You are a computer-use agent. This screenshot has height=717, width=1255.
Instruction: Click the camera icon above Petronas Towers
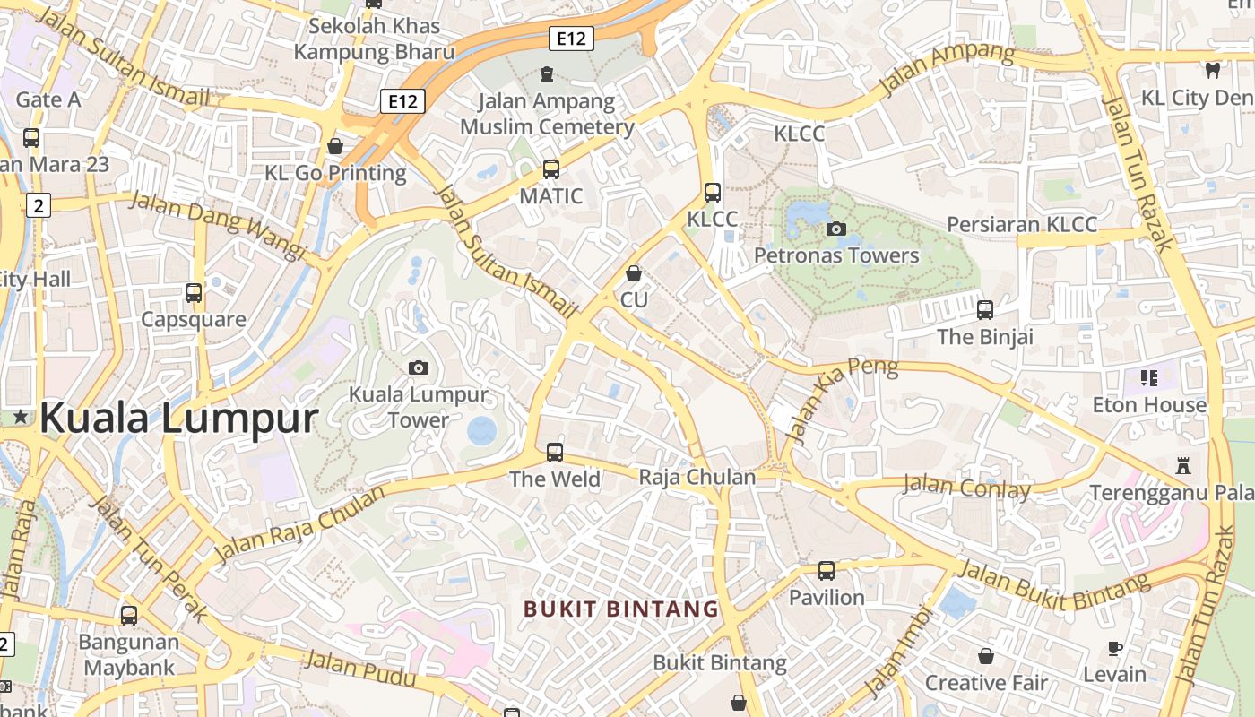click(836, 229)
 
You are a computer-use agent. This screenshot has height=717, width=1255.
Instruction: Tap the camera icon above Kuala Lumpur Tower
click(418, 367)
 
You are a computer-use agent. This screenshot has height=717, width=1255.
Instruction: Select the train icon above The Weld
click(555, 452)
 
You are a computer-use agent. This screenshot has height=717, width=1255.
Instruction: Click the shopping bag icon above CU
click(634, 273)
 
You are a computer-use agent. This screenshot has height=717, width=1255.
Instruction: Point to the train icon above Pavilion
click(827, 570)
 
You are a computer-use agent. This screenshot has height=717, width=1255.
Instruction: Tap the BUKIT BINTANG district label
click(621, 609)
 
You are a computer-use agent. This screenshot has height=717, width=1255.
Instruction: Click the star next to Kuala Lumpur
click(21, 417)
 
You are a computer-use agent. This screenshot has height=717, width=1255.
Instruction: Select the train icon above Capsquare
click(194, 292)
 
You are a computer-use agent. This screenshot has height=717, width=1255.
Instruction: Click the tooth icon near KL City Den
click(1213, 70)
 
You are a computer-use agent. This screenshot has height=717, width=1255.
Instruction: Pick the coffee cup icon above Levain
click(1115, 648)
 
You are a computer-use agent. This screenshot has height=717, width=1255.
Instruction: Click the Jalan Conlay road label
click(966, 488)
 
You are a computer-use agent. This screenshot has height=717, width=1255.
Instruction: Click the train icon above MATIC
click(550, 168)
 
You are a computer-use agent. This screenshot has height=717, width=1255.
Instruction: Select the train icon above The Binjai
click(985, 310)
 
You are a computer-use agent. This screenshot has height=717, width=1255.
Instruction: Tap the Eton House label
click(1149, 405)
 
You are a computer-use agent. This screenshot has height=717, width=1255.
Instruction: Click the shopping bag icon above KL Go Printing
click(335, 145)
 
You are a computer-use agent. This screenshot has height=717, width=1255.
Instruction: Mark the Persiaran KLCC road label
click(1022, 224)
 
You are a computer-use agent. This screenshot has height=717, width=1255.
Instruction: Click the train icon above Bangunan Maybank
click(129, 616)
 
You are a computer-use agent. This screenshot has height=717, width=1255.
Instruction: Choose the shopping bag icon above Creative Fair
click(986, 656)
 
